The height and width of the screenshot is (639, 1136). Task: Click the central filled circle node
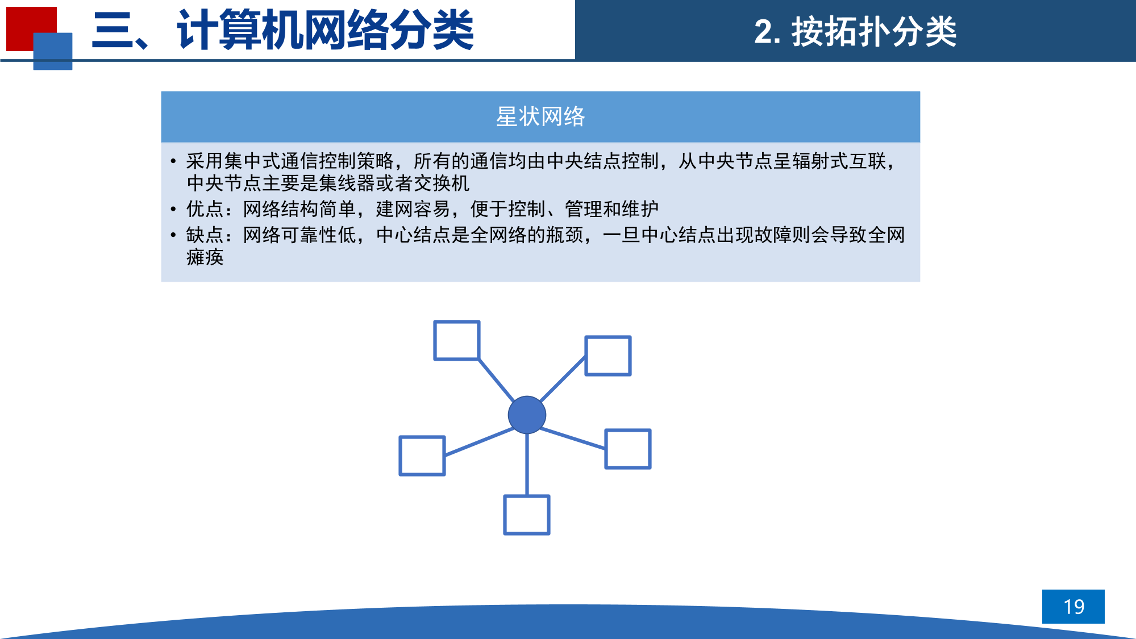(x=527, y=415)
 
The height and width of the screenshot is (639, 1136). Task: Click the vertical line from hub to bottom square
(x=527, y=465)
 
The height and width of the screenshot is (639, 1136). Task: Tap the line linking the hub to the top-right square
(x=563, y=379)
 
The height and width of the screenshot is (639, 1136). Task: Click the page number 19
(x=1073, y=607)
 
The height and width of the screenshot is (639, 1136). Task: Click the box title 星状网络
(x=540, y=116)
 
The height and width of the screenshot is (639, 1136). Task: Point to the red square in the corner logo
(x=31, y=29)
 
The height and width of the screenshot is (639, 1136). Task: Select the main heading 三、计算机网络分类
(x=283, y=30)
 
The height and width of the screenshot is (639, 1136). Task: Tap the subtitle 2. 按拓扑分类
(x=855, y=31)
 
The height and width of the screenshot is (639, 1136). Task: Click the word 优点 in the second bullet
(x=205, y=209)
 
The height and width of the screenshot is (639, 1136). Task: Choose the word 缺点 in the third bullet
(x=205, y=235)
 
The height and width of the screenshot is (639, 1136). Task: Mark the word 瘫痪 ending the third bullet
(x=205, y=257)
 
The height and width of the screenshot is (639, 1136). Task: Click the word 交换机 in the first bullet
(x=442, y=183)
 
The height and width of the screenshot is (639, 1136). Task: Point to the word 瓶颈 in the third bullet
(x=565, y=235)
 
